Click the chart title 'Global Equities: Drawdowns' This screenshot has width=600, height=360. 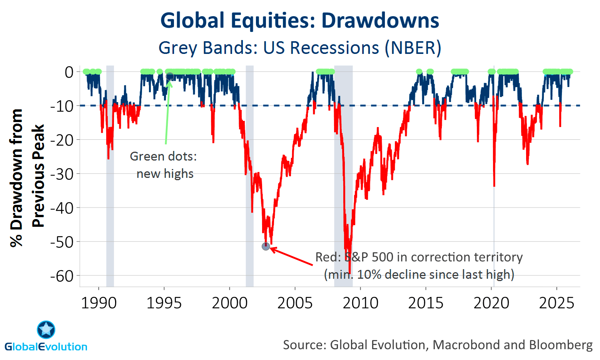[300, 21]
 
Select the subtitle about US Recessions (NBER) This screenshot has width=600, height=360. [300, 48]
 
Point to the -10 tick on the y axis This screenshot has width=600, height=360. [62, 106]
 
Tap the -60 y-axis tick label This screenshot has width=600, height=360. [62, 276]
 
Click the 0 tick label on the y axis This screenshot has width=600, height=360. [69, 72]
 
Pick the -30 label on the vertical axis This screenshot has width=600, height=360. [62, 174]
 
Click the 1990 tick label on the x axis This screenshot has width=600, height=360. [99, 303]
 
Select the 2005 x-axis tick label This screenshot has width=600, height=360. [295, 303]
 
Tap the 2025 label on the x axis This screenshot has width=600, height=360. [557, 303]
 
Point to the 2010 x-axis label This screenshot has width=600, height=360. [360, 303]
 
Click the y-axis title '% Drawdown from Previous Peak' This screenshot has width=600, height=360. [27, 177]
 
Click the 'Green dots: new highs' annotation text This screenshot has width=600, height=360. [164, 165]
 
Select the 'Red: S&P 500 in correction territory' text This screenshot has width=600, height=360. [419, 257]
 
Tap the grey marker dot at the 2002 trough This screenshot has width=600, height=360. [266, 246]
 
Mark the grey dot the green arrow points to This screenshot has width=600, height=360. [170, 77]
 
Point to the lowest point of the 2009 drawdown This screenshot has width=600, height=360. [349, 273]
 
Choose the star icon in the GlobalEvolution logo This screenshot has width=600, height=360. [46, 330]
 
